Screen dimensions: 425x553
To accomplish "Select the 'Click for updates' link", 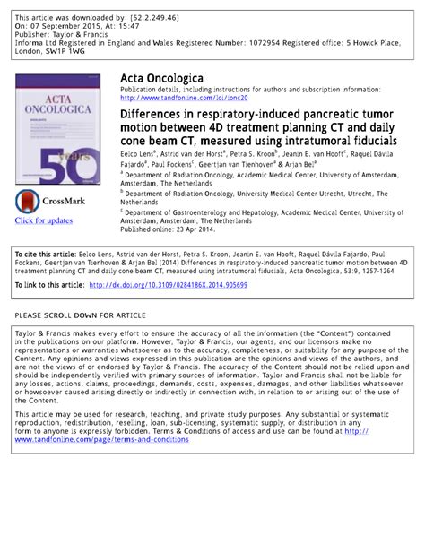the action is point(42,220).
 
